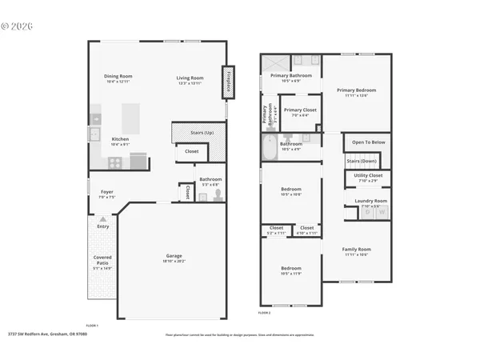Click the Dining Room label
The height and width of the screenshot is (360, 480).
click(118, 77)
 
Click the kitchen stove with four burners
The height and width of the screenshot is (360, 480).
click(115, 162)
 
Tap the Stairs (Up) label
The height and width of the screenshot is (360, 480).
click(202, 132)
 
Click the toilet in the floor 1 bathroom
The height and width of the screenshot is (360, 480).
click(214, 194)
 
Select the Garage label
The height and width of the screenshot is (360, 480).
click(174, 256)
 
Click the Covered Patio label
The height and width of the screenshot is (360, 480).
click(102, 259)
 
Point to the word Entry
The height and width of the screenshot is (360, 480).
click(103, 226)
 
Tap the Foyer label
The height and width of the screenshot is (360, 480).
click(106, 192)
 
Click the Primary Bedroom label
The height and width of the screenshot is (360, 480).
click(356, 90)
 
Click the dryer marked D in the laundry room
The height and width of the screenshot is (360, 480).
click(368, 212)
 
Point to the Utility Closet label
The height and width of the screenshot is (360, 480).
click(368, 175)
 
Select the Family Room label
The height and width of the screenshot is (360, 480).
click(356, 250)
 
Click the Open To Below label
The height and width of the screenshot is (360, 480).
click(368, 142)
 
